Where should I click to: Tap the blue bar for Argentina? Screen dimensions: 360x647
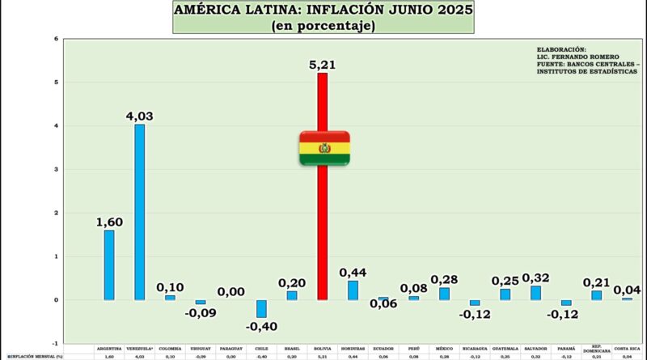109,265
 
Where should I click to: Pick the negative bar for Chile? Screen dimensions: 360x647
261,308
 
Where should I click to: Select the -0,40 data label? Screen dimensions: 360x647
261,326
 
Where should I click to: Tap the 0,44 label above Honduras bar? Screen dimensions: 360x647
353,271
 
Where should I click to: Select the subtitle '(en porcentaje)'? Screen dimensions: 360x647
323,27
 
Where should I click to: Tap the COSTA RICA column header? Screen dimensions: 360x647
627,349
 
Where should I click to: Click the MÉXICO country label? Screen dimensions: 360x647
444,349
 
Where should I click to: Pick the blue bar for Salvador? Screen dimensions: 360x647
535,292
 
